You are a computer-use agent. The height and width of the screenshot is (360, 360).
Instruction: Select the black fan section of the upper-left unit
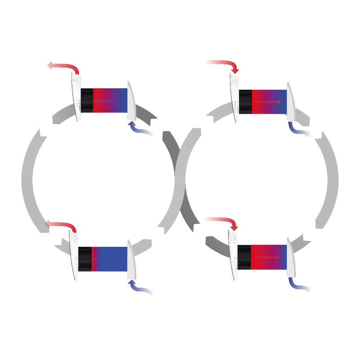click(x=87, y=100)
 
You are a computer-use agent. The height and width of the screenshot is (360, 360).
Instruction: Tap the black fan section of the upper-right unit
click(x=245, y=102)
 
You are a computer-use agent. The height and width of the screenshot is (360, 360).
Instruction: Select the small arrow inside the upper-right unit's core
click(x=268, y=102)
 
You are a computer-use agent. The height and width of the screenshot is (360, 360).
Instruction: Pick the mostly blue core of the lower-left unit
click(x=112, y=259)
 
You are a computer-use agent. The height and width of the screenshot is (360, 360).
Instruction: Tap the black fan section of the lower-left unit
click(x=85, y=259)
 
